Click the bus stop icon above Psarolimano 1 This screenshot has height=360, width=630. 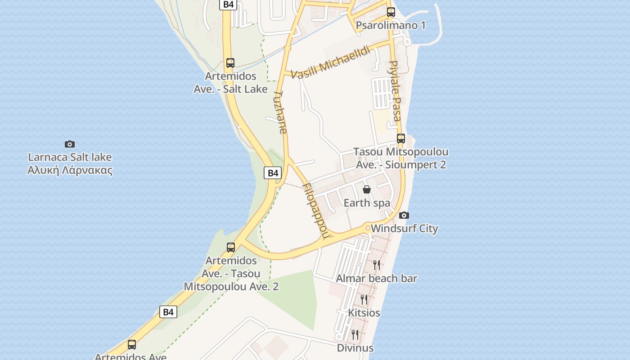(x=391, y=12)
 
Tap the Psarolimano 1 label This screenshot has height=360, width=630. (x=391, y=25)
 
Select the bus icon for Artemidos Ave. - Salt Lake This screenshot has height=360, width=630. (x=230, y=63)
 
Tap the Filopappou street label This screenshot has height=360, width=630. (x=317, y=210)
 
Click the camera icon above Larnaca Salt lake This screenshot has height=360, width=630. (x=70, y=144)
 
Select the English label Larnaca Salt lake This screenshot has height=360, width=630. (x=70, y=157)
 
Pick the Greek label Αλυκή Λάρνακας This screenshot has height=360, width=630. (x=70, y=171)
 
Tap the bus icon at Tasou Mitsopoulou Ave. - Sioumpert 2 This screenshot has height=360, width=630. (x=401, y=139)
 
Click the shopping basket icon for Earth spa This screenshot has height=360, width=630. (x=367, y=189)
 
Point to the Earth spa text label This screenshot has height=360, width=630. (x=367, y=203)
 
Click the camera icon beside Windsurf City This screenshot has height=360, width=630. (x=404, y=215)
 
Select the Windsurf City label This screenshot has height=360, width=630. (x=404, y=229)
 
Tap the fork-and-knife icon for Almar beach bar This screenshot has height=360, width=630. (x=377, y=265)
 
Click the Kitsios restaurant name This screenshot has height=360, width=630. (x=364, y=313)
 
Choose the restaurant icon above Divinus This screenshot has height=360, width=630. (x=355, y=334)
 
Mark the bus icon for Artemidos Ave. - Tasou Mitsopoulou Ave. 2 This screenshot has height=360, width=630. (x=231, y=247)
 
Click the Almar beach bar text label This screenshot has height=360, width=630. (x=377, y=279)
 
